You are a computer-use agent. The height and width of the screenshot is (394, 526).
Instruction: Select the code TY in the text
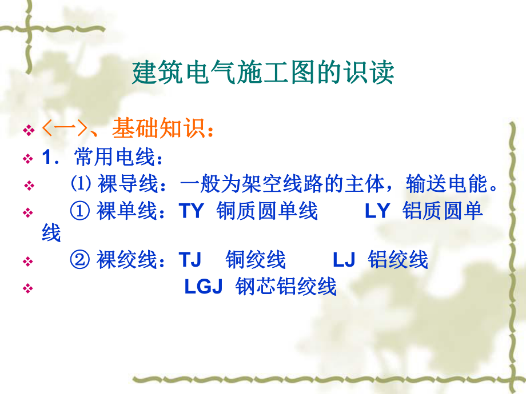point(192,211)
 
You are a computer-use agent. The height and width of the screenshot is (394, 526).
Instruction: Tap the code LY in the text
point(377,211)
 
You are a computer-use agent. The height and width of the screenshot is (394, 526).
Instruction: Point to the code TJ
point(190,260)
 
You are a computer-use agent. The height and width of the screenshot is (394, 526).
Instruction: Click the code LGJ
point(203,287)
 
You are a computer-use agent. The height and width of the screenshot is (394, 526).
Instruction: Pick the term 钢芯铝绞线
point(286,287)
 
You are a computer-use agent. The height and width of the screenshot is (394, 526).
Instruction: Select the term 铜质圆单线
point(267,211)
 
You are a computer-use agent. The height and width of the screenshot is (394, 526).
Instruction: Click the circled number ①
point(81,211)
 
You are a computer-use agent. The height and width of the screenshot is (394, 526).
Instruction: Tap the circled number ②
point(81,260)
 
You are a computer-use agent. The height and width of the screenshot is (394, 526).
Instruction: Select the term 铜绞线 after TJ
point(256,260)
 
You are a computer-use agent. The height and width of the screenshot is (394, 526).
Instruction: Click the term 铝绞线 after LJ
point(398,260)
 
